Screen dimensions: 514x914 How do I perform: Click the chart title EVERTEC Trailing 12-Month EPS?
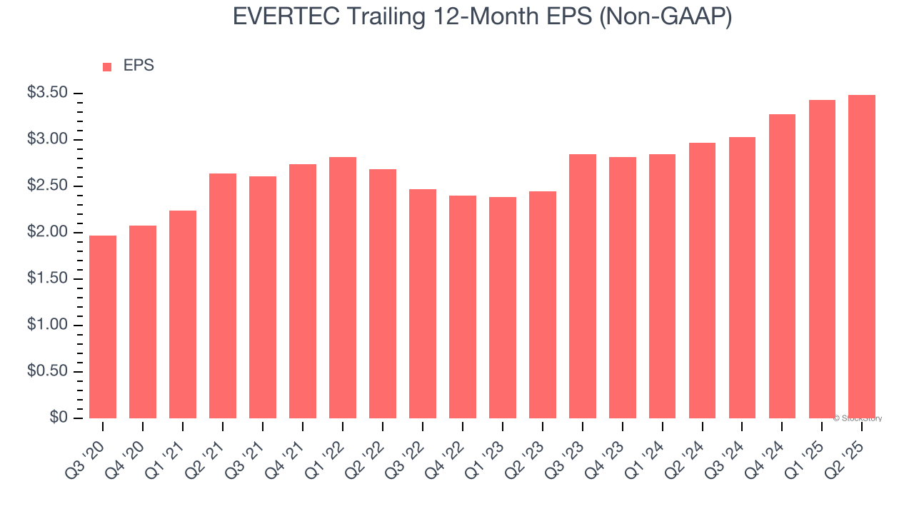coord(482,16)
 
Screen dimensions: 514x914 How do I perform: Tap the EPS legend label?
coord(139,66)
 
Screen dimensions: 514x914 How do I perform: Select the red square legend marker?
coord(107,66)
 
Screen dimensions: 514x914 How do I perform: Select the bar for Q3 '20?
coord(103,327)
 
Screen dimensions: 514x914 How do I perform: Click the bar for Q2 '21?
coord(223,296)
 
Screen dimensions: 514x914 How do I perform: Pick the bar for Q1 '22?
coord(343,288)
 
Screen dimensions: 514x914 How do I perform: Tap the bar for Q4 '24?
coord(782,266)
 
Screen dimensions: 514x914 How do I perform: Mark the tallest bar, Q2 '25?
coord(862,257)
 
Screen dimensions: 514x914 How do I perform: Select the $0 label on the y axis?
coord(59,418)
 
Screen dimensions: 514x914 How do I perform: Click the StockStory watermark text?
coord(858,418)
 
